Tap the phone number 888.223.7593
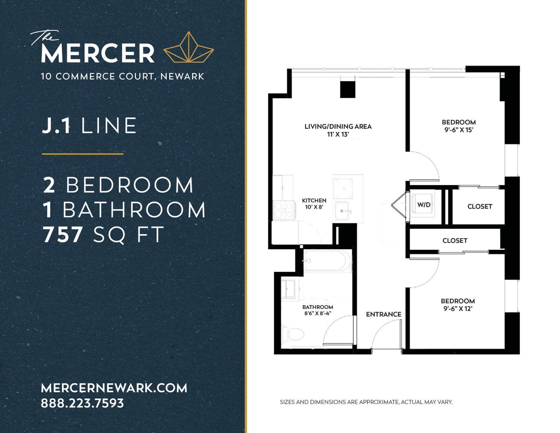(x=83, y=403)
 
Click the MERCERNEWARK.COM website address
(x=114, y=388)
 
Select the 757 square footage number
(x=63, y=235)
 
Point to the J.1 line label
(x=89, y=126)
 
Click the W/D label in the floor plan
(x=424, y=205)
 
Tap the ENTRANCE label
(x=384, y=314)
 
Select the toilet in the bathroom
(x=293, y=335)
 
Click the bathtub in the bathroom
(x=328, y=261)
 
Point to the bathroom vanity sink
(x=290, y=288)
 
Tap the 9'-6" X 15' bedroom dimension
(x=458, y=130)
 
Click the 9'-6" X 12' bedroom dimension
(x=458, y=308)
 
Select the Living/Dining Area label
(x=338, y=126)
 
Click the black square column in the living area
(x=348, y=89)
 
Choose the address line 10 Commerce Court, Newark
(x=122, y=76)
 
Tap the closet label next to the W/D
(x=480, y=207)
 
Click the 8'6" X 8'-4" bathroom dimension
(x=317, y=313)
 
